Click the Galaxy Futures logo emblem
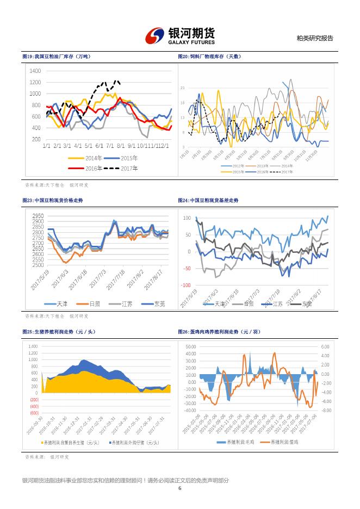pyautogui.click(x=155, y=36)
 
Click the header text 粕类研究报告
pyautogui.click(x=314, y=39)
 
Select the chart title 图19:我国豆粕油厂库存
pyautogui.click(x=57, y=57)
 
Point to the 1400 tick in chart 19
pyautogui.click(x=35, y=71)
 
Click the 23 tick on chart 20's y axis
pyautogui.click(x=183, y=88)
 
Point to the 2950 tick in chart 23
pyautogui.click(x=38, y=216)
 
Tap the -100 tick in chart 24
pyautogui.click(x=185, y=285)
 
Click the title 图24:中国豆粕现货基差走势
pyautogui.click(x=208, y=201)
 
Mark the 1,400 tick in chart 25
pyautogui.click(x=33, y=346)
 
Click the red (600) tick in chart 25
pyautogui.click(x=34, y=413)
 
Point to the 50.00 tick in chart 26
pyautogui.click(x=190, y=346)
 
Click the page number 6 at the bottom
pyautogui.click(x=179, y=487)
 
